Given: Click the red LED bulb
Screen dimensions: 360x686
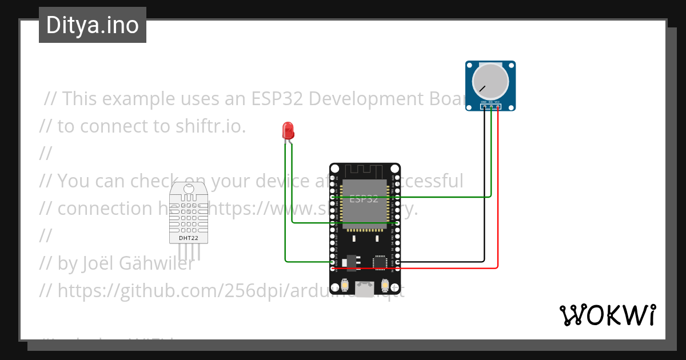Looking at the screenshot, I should tap(288, 131).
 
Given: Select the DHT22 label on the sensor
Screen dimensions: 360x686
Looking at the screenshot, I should tap(189, 238).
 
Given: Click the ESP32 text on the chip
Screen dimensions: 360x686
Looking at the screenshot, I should tap(364, 199).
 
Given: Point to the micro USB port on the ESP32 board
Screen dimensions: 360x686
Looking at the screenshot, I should tap(364, 289).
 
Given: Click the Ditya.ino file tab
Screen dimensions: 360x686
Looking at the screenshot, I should tap(92, 25).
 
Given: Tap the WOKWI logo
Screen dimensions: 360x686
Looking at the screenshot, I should tap(607, 315).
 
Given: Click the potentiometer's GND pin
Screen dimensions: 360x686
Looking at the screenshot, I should tap(484, 106).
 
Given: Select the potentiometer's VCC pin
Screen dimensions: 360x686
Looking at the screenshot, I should tap(498, 106).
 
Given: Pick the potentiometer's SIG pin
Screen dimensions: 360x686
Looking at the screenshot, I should tap(491, 106).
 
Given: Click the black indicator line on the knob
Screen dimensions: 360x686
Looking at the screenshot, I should tap(483, 89).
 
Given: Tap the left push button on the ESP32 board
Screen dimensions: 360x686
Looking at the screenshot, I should tap(344, 285).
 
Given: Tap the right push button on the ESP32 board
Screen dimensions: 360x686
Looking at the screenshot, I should tap(384, 285).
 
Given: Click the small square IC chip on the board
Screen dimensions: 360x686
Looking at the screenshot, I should tap(379, 262).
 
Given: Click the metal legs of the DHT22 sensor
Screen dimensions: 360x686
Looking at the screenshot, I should tap(189, 251).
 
